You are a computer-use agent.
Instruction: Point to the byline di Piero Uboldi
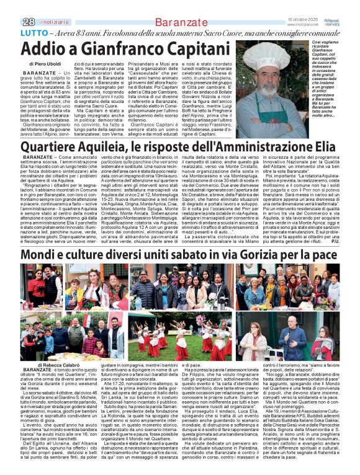45,63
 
